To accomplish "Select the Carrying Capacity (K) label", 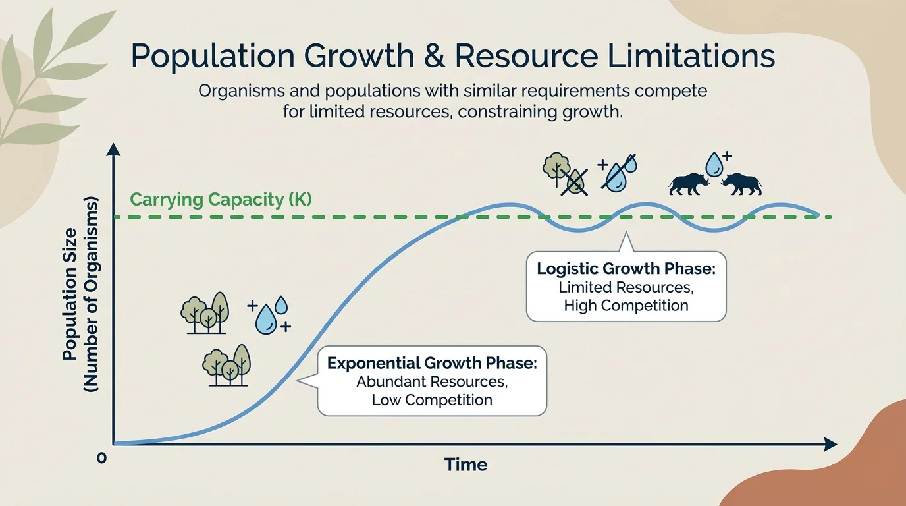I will [221, 199].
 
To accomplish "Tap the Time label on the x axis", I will [466, 464].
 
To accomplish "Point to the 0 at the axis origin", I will [101, 458].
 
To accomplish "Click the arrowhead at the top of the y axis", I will [114, 150].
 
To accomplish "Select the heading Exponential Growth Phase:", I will [432, 364].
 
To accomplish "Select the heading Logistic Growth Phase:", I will [626, 269].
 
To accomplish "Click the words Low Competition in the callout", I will [432, 399].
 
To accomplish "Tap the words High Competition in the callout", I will [626, 306].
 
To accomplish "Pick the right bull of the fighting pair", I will [741, 184].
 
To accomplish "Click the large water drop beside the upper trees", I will [266, 320].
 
